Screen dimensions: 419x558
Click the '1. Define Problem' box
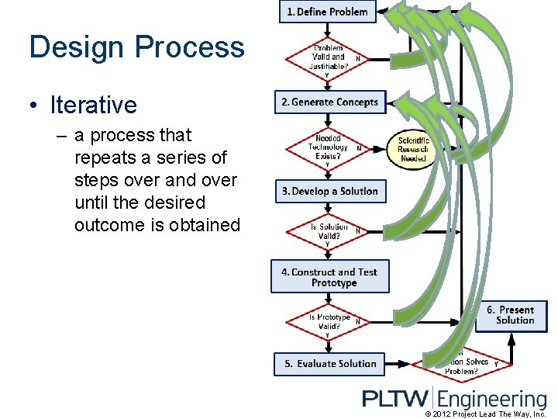click(x=327, y=12)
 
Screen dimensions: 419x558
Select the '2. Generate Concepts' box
click(x=330, y=102)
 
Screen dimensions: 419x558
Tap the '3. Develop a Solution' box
click(x=330, y=192)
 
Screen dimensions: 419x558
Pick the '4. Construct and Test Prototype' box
click(x=329, y=277)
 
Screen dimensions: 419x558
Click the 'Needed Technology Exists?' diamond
click(x=328, y=147)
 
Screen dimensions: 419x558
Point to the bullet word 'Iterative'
click(x=93, y=105)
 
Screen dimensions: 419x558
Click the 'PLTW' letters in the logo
click(x=395, y=399)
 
